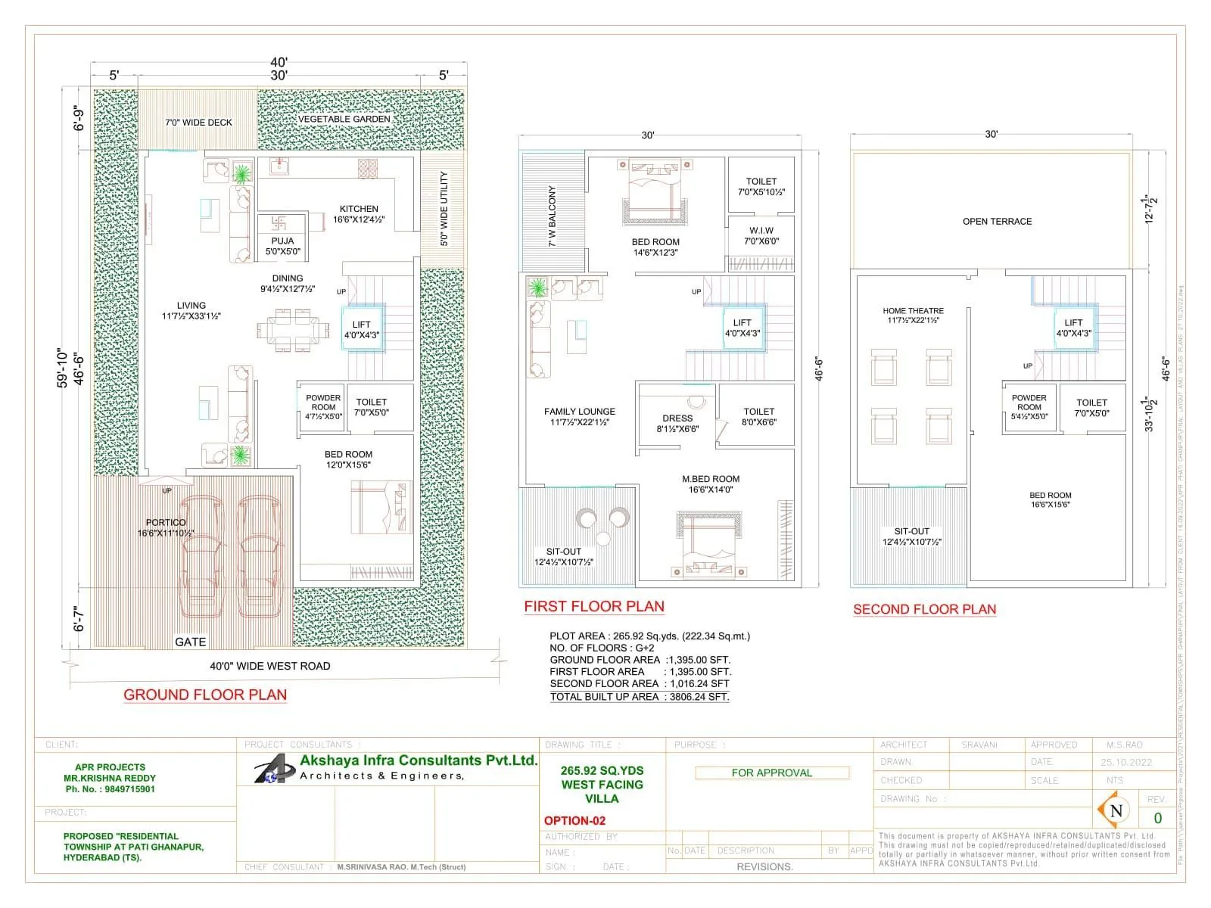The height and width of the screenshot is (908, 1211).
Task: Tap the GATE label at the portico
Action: (x=190, y=642)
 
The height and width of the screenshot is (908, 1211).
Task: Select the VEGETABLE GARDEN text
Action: (x=344, y=119)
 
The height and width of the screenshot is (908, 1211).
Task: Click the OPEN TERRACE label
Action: (x=997, y=222)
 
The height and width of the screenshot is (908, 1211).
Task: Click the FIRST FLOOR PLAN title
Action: (x=594, y=606)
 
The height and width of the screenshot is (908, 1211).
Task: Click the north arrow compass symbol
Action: (x=1116, y=810)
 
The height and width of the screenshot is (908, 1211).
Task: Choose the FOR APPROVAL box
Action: (x=771, y=773)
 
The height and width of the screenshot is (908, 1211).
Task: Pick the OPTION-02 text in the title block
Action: (x=574, y=820)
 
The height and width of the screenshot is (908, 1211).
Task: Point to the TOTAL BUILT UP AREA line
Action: (x=640, y=696)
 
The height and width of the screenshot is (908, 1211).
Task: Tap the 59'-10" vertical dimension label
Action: (x=63, y=368)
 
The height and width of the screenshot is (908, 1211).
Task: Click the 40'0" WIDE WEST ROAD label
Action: (x=270, y=666)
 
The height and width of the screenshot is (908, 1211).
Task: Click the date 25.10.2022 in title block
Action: (x=1126, y=762)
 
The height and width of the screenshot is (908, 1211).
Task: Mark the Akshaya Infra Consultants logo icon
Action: (x=273, y=770)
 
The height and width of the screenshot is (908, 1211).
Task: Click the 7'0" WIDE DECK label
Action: (x=198, y=122)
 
